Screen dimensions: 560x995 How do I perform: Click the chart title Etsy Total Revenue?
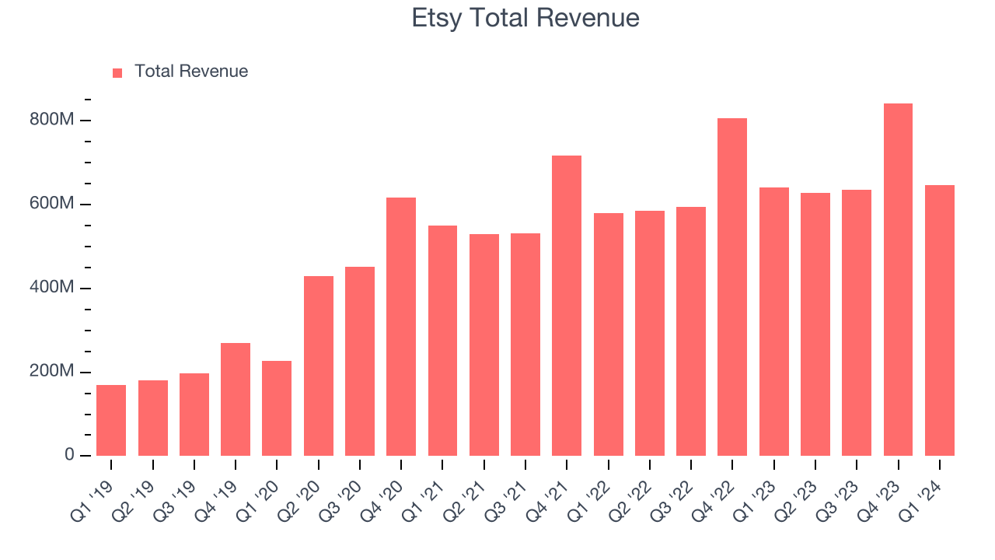(x=525, y=18)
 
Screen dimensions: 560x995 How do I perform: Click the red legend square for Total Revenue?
(x=117, y=72)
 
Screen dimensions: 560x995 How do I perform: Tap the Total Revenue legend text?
(x=191, y=72)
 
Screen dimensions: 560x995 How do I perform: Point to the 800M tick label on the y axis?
(x=52, y=121)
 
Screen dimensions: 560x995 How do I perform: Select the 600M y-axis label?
(x=52, y=205)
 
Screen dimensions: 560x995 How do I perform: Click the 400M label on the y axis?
(x=52, y=289)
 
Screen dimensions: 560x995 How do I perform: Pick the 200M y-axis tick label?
(x=52, y=372)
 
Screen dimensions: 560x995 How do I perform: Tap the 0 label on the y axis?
(x=68, y=455)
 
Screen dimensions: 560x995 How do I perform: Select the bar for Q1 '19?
(x=111, y=420)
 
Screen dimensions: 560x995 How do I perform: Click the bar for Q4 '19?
(x=236, y=399)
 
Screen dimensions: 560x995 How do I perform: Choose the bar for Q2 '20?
(x=319, y=366)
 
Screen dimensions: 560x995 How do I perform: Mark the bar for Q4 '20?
(x=401, y=327)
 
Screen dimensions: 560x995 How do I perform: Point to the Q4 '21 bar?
(x=567, y=306)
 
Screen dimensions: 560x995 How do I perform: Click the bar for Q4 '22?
(x=732, y=287)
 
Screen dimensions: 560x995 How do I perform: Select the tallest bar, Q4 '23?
(x=898, y=279)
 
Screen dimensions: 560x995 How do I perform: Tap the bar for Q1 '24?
(x=940, y=320)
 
